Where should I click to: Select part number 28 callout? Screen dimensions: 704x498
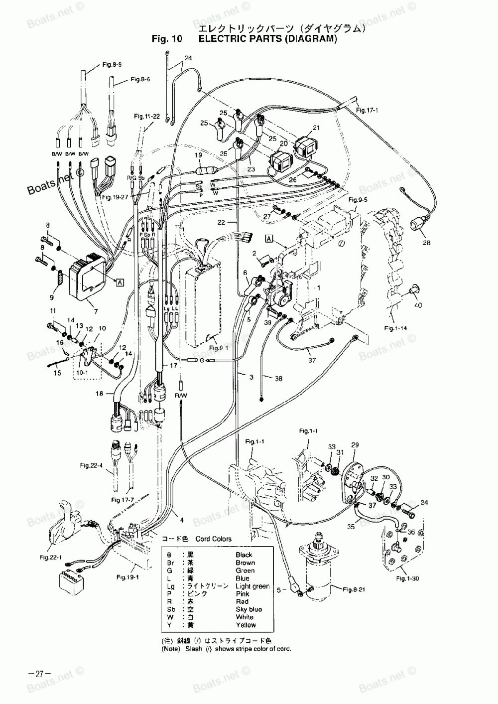(x=426, y=243)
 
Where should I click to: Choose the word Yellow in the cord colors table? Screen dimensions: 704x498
(x=246, y=625)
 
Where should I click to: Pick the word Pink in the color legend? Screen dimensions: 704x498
(x=243, y=594)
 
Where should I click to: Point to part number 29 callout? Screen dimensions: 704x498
(x=355, y=444)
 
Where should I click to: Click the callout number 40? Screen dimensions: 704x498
(x=417, y=305)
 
